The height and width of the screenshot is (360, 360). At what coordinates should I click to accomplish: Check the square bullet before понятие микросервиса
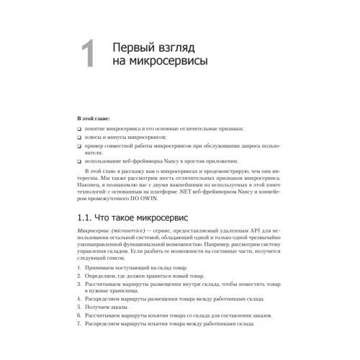[78, 127]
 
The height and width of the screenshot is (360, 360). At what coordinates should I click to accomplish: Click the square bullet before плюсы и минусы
[78, 136]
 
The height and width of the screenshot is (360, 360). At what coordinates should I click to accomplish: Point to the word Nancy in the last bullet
[175, 161]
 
